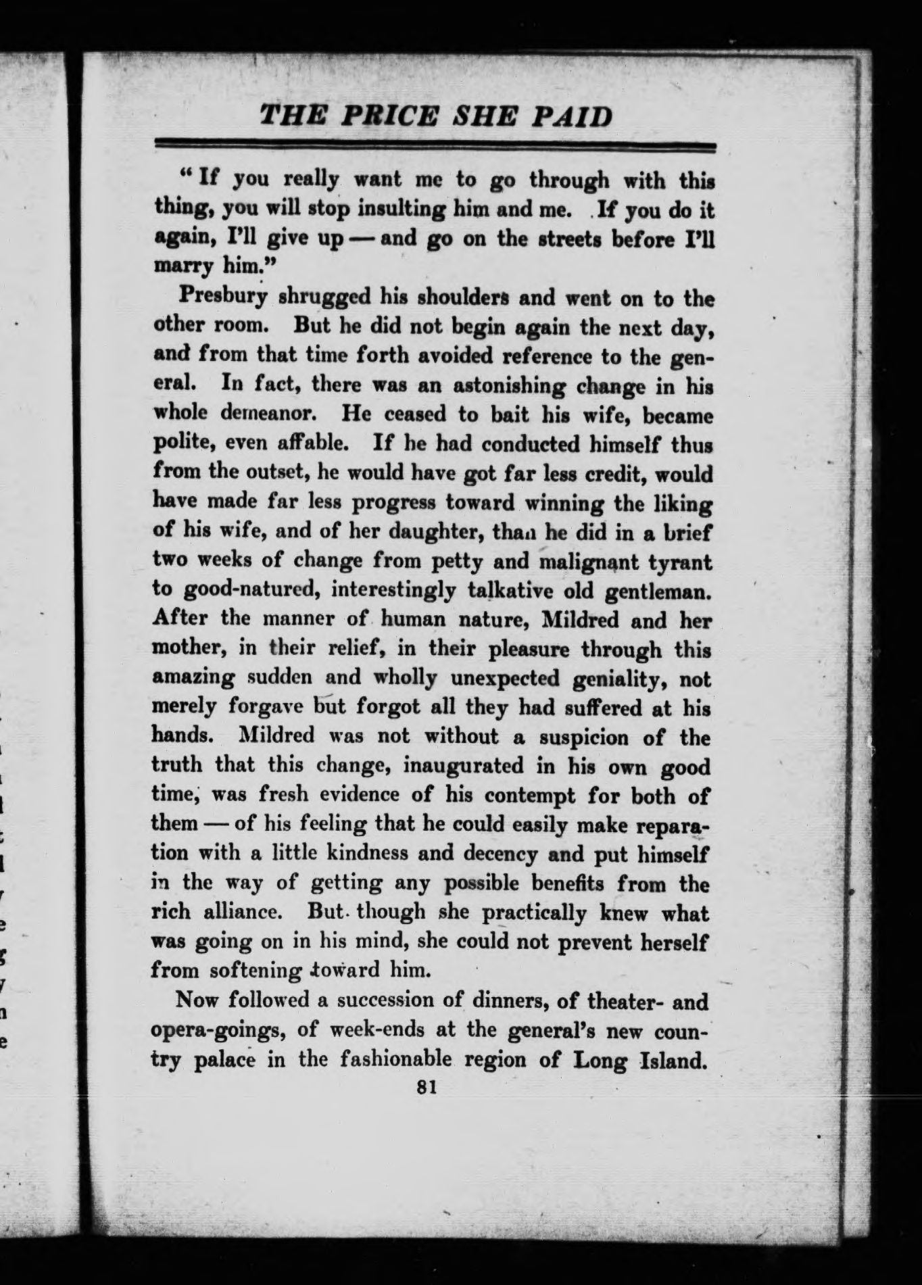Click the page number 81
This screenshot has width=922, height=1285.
(426, 1086)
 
